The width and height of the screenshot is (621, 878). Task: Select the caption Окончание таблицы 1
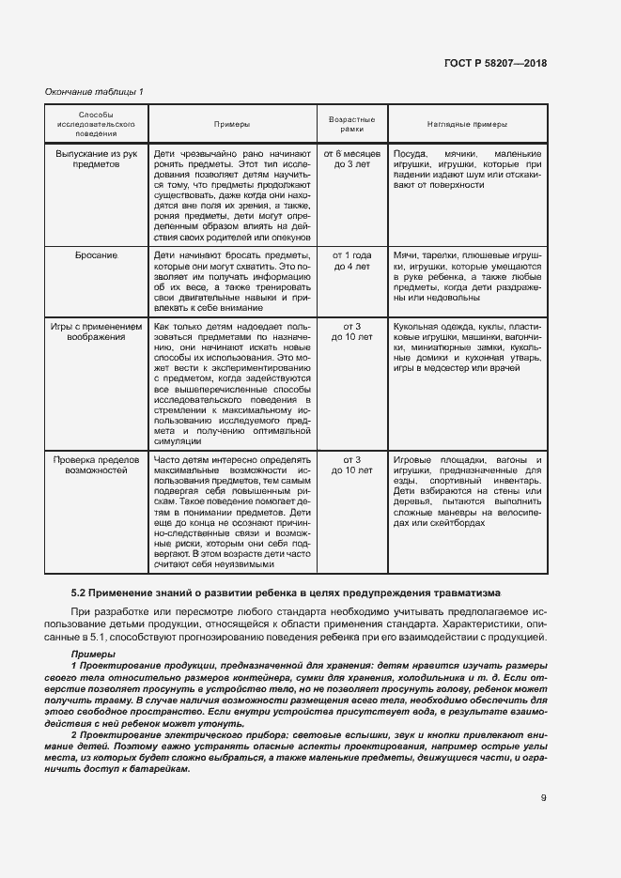click(94, 92)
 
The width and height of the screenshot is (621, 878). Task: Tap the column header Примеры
click(232, 123)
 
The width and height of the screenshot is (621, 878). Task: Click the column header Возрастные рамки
click(351, 123)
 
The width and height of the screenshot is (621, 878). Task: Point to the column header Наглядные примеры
click(466, 123)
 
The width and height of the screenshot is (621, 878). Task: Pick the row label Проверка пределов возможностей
click(97, 466)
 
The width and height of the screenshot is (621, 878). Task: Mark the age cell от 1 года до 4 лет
click(351, 261)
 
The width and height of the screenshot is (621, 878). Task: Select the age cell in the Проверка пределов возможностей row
click(351, 466)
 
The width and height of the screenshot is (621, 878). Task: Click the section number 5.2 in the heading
click(80, 594)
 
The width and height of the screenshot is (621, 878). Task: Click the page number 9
click(543, 799)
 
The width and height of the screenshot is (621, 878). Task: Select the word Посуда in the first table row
click(410, 152)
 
